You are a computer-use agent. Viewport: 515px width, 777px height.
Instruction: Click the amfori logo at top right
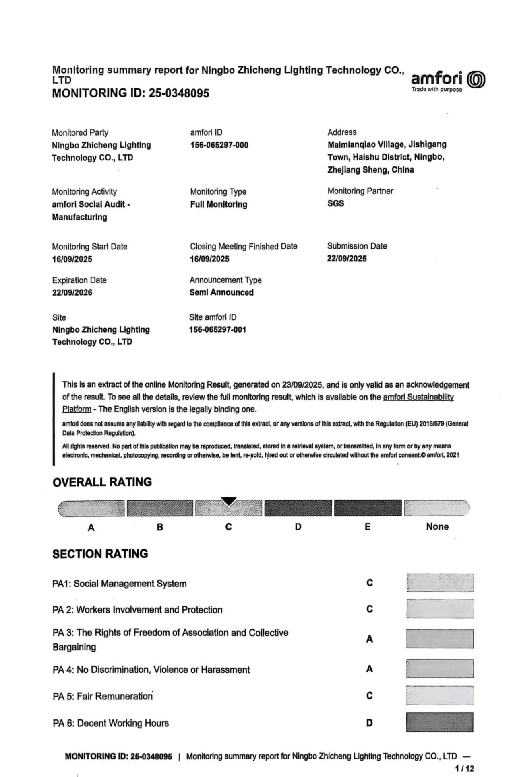click(x=448, y=80)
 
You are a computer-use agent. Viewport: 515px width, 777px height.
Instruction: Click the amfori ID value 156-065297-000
click(x=219, y=145)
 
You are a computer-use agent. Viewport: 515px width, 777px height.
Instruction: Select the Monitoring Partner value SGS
click(x=335, y=203)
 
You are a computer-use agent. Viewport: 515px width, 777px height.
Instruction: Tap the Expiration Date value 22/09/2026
click(x=72, y=293)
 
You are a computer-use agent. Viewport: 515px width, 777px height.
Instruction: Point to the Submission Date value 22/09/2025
click(x=347, y=259)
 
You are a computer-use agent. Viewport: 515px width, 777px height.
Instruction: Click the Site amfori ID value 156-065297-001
click(x=217, y=330)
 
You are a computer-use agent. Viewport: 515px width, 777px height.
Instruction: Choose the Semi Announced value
click(x=221, y=293)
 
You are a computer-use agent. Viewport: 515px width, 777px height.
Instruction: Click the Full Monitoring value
click(x=219, y=204)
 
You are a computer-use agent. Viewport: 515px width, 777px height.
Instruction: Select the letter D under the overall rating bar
click(x=298, y=527)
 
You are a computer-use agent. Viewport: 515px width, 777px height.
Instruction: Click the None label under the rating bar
click(x=437, y=527)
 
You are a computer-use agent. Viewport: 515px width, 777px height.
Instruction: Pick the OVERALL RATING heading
click(x=102, y=482)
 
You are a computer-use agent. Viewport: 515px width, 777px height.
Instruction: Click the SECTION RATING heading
click(x=100, y=554)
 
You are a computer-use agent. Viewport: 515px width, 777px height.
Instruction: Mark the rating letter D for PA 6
click(x=369, y=723)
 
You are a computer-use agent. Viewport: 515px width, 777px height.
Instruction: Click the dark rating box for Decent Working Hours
click(x=440, y=722)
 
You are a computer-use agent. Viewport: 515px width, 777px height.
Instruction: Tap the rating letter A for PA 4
click(x=369, y=669)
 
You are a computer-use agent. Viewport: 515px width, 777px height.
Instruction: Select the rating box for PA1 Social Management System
click(x=440, y=583)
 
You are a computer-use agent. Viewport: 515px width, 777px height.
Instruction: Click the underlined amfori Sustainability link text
click(x=418, y=397)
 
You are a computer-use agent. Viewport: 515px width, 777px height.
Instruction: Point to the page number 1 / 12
click(x=464, y=769)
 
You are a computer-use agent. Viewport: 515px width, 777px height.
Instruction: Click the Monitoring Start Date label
click(x=89, y=247)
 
